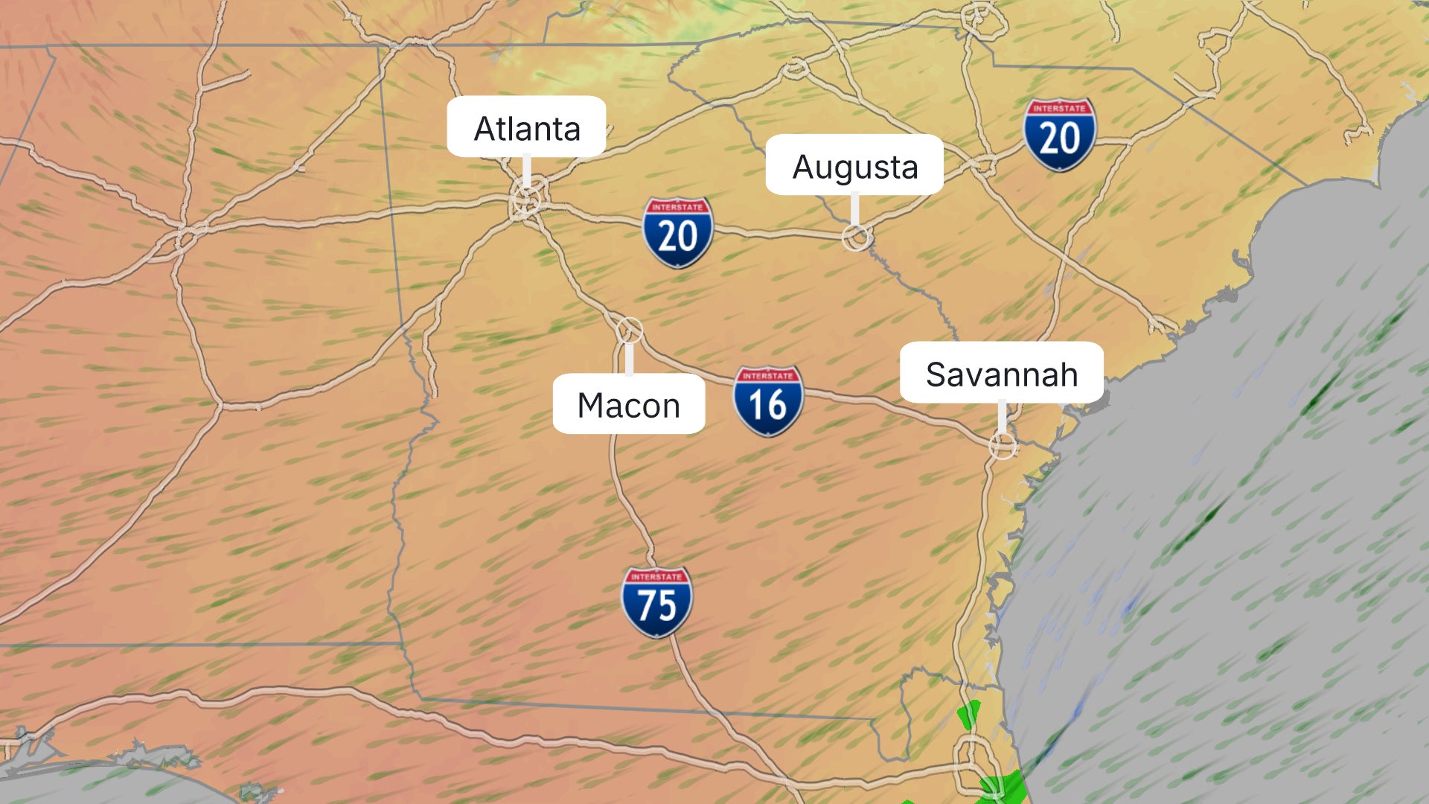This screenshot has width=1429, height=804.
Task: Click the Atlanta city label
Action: coord(526,127)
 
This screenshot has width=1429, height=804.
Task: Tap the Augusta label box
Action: coord(854,165)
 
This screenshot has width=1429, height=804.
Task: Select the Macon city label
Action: coord(629,404)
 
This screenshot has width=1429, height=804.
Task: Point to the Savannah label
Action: coord(1001,373)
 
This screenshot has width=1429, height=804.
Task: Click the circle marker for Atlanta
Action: coord(527,200)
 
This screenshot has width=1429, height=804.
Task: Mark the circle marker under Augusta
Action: coord(856,237)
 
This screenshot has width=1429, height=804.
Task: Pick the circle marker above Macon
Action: coord(629,329)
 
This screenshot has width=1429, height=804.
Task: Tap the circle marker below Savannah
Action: coord(1002,446)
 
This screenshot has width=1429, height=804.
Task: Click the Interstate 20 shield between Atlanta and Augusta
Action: coord(677,232)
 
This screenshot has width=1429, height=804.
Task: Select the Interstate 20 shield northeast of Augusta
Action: coord(1059,135)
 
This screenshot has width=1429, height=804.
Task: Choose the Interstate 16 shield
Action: coord(768,401)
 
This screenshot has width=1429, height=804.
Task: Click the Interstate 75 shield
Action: coord(656,602)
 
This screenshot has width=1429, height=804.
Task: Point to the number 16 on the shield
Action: coord(768,406)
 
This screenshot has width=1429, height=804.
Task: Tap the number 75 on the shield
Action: coord(656,606)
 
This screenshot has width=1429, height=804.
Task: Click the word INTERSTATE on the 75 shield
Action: coord(656,577)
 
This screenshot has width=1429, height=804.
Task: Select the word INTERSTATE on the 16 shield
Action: coord(768,376)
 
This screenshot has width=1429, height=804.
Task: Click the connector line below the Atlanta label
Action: coord(527,170)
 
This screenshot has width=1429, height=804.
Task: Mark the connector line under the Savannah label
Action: coord(1002,417)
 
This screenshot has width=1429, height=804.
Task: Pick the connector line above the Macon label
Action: coord(629,359)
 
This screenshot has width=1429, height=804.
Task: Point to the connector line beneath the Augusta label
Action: coord(855,208)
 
